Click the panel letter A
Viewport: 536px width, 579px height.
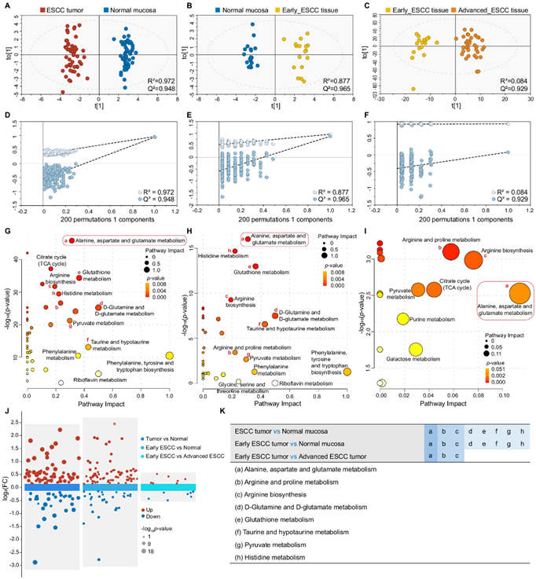[x=7, y=5]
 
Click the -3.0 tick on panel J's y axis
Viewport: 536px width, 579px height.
[x=16, y=565]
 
